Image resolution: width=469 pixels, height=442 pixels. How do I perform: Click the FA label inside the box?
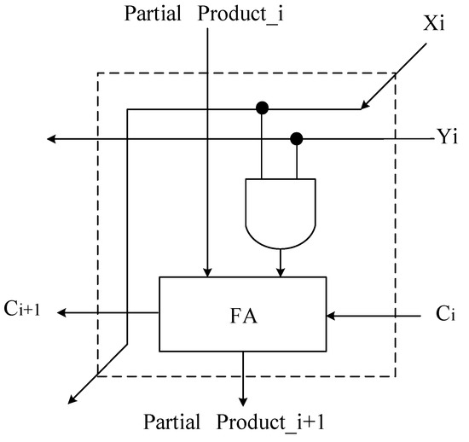click(242, 315)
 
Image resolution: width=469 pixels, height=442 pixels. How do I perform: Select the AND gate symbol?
click(281, 209)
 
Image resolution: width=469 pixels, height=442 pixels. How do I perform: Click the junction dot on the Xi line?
click(263, 108)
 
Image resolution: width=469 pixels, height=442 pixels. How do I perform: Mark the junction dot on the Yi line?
click(297, 138)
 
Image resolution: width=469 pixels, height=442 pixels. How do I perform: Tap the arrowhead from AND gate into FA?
click(281, 271)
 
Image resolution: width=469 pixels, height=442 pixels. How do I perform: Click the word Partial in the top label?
click(152, 15)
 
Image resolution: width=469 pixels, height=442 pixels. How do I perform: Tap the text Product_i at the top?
click(232, 15)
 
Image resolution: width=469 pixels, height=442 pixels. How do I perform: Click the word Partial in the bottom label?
click(172, 422)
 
